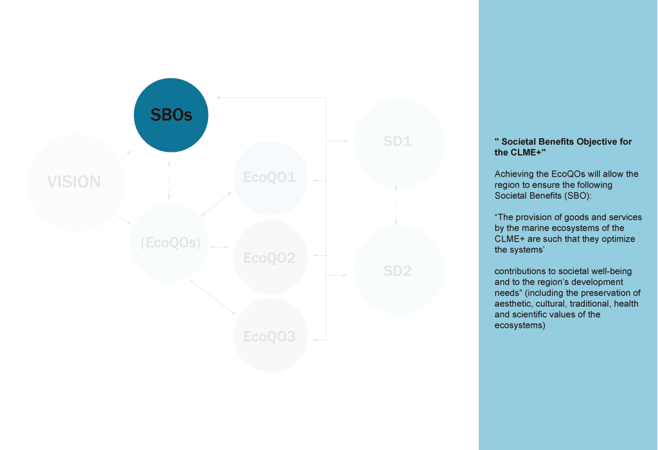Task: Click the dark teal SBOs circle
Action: (x=171, y=115)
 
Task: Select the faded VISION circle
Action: (x=76, y=183)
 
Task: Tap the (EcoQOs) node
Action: (x=170, y=244)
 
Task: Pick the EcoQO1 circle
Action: (x=270, y=177)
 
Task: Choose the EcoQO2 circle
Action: (x=270, y=258)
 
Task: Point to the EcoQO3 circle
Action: (x=270, y=336)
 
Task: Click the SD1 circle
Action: (x=398, y=141)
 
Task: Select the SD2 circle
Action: (x=398, y=271)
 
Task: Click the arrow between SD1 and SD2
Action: (x=396, y=205)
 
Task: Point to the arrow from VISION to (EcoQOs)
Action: (x=125, y=222)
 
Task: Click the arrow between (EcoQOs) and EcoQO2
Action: (x=219, y=247)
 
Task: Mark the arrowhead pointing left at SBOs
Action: (x=218, y=98)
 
